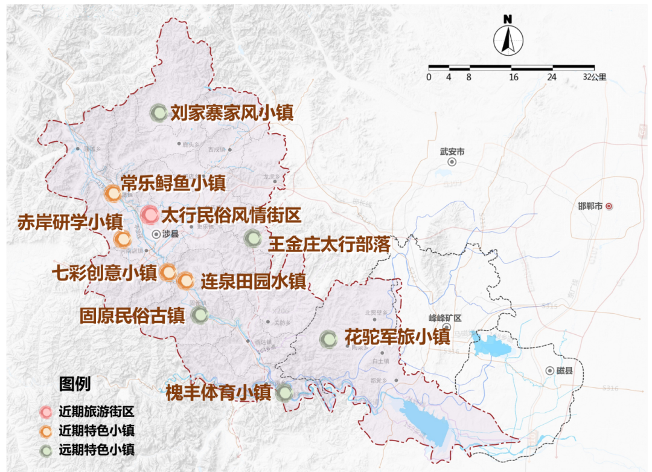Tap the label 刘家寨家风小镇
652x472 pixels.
point(231,113)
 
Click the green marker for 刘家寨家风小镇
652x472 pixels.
point(158,112)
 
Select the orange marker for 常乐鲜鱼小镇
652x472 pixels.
point(112,193)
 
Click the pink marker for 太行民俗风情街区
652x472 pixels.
point(150,215)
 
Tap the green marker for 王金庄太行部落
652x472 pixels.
point(252,238)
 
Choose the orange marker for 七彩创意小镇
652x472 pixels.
point(168,273)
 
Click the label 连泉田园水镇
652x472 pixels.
point(253,281)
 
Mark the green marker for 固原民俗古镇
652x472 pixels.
point(199,315)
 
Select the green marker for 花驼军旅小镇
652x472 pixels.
point(328,339)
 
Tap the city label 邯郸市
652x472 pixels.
point(590,206)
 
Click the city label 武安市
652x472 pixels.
point(452,152)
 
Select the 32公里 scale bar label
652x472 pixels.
point(595,77)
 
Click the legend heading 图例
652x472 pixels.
point(74,384)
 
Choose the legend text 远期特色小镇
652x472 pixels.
point(96,449)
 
